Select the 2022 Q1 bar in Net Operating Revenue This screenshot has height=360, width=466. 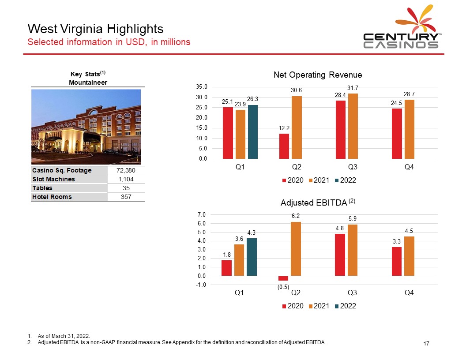coord(252,132)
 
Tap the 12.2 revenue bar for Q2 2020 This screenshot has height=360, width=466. coord(284,146)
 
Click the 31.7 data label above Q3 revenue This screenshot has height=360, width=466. coord(353,88)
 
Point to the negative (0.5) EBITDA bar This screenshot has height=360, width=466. coord(283,278)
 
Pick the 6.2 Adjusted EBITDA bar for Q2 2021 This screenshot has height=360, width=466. coord(296,249)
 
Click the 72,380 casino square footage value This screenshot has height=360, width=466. coord(126,170)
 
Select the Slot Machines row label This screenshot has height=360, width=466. coord(53,179)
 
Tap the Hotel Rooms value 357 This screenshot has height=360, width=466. coord(126,197)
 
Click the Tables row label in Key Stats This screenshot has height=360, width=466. coord(42,188)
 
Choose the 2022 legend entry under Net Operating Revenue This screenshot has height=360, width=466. coord(346,180)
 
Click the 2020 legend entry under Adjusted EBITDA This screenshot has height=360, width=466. coord(293,306)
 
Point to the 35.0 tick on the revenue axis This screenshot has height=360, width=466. coord(202,87)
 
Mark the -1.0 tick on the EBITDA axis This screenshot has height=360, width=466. coord(201,285)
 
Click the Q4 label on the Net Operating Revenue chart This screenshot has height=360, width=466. coord(409,167)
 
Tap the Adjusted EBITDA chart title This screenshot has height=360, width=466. coord(318,202)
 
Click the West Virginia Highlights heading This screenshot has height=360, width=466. coord(95,29)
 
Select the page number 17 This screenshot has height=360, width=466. coord(426,343)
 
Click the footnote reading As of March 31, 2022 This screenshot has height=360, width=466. coord(64,336)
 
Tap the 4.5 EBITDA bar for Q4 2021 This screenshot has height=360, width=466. coord(409,256)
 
